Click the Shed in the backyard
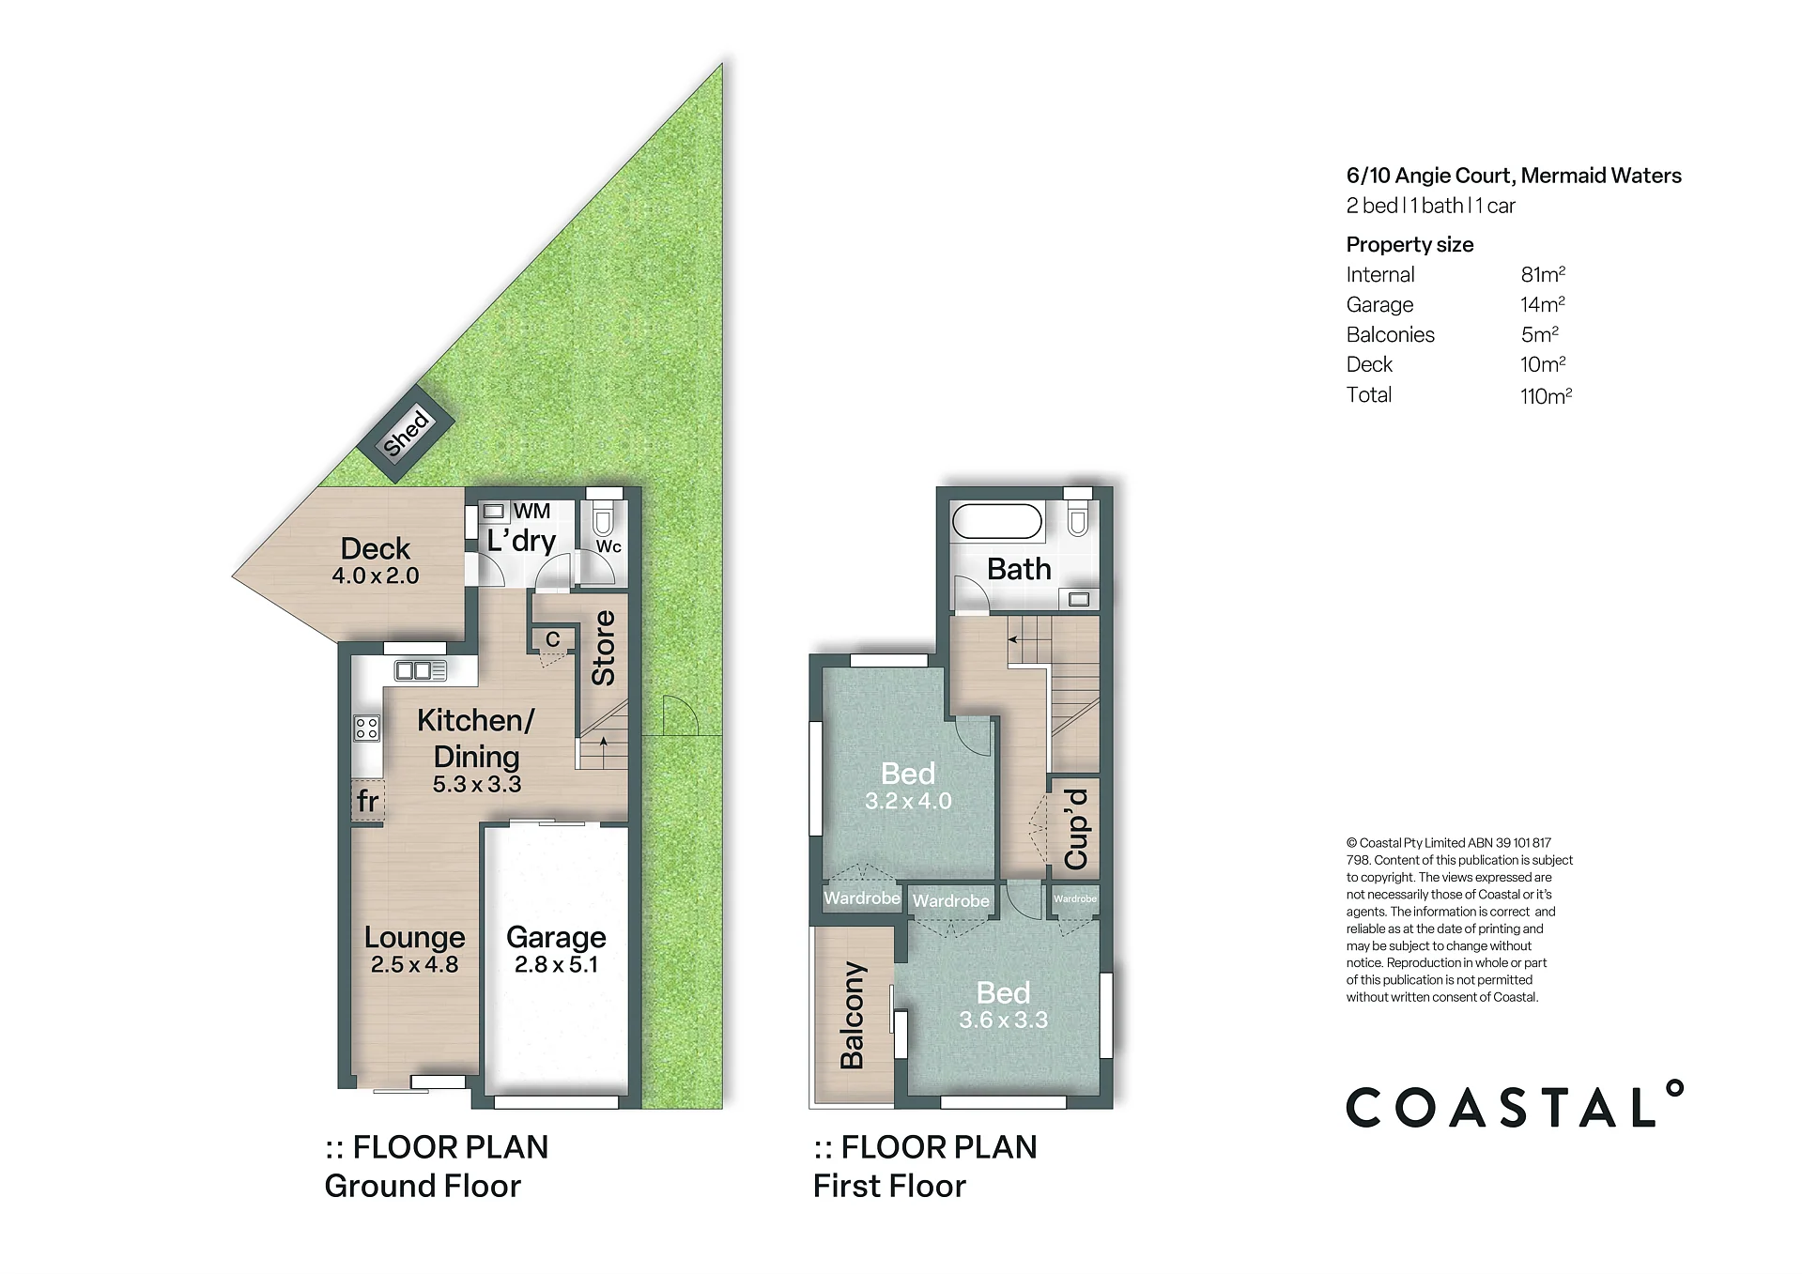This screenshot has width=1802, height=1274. coord(406,433)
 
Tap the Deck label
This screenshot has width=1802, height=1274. coord(375,548)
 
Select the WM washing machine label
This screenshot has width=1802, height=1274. coord(531,512)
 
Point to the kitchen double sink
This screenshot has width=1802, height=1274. coord(421,670)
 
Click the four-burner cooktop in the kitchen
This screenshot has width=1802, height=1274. coord(366,728)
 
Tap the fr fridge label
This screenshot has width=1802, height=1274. coord(367,801)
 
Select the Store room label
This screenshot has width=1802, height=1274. coord(603,648)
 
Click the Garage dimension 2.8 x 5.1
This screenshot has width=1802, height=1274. coord(556,964)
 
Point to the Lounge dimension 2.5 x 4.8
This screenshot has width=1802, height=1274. coord(414,964)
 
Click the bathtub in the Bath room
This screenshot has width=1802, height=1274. coord(997,521)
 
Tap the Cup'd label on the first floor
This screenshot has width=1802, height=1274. coord(1075,829)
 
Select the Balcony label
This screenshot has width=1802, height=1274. coord(852,1015)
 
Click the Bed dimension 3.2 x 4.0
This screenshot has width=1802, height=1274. coord(908,801)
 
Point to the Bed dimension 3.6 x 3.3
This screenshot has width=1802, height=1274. coord(1003,1020)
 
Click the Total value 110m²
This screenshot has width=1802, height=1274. coord(1546,395)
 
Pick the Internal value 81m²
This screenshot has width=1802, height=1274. coord(1543,274)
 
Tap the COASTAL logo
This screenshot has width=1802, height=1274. coord(1515,1104)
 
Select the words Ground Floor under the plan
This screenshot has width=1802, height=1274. coord(423,1186)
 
